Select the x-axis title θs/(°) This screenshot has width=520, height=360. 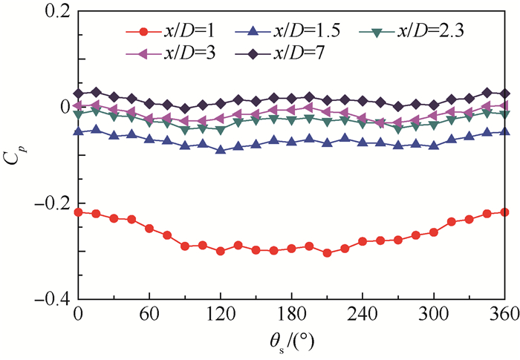point(291,342)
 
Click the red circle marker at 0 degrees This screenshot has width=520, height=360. point(78,212)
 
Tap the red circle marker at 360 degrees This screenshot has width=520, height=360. point(505,212)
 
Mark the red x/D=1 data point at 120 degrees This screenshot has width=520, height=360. point(221,251)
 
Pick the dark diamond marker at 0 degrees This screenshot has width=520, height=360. point(78,94)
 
